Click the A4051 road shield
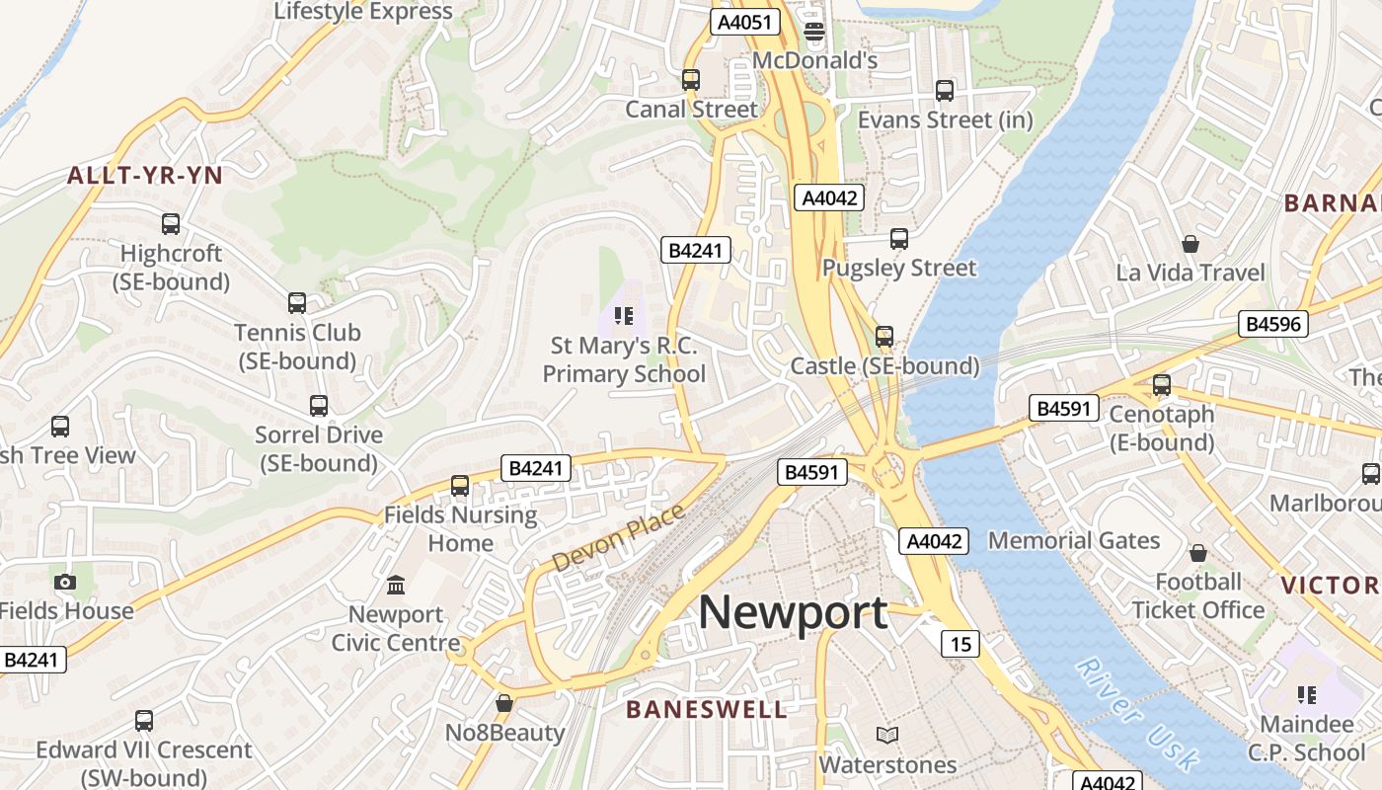click(744, 22)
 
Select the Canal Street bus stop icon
click(691, 80)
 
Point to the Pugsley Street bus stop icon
click(898, 239)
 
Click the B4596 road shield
click(1273, 324)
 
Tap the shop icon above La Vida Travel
click(1190, 244)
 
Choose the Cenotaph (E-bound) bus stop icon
click(1162, 385)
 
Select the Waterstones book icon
click(887, 736)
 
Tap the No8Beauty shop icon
click(504, 703)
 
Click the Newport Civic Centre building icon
click(396, 586)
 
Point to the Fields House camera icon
click(65, 582)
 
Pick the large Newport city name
click(793, 613)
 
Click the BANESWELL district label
click(707, 709)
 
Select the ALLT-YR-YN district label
click(145, 177)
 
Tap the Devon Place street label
click(617, 537)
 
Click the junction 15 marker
click(960, 644)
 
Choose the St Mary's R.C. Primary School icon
click(623, 316)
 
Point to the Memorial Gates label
click(1074, 540)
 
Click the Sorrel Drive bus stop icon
click(318, 406)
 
